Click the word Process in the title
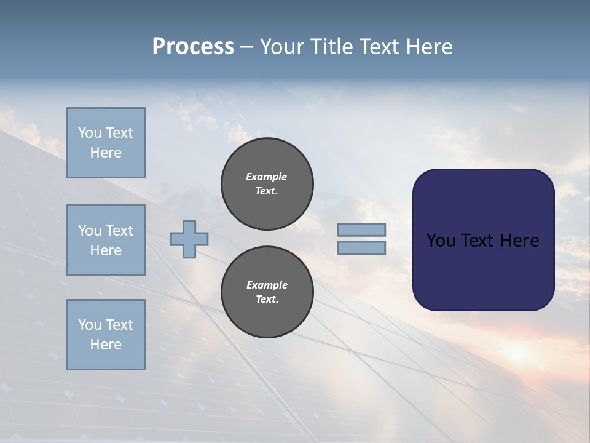point(193,47)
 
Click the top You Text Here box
point(106,143)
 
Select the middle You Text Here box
point(106,240)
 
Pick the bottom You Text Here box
point(106,335)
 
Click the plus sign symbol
point(189,239)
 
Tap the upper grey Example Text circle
point(267,184)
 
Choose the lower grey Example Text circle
point(267,292)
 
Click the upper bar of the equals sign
point(361,229)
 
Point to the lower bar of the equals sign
point(361,247)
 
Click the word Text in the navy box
point(478,241)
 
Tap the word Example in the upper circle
point(267,177)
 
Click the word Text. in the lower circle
point(267,300)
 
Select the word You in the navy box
point(441,241)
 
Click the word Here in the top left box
point(106,153)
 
